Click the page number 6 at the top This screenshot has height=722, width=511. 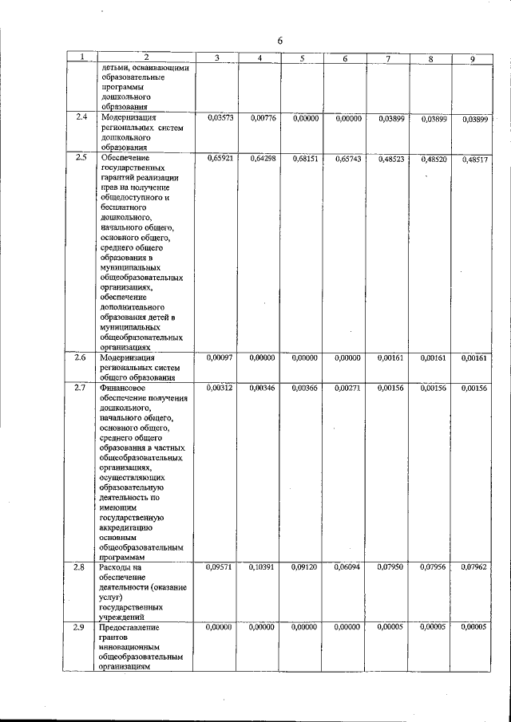tap(281, 41)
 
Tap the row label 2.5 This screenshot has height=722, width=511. tap(80, 157)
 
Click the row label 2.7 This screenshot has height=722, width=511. tap(80, 387)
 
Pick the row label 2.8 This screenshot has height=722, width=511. tap(80, 566)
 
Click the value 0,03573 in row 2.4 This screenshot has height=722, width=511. tap(220, 118)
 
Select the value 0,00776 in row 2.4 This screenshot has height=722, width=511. tap(262, 118)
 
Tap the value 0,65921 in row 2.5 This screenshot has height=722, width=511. tap(220, 159)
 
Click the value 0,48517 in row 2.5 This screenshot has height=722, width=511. tap(474, 159)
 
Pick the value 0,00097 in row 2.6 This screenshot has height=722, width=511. tap(220, 357)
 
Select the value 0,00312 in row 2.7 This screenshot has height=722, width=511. tap(220, 388)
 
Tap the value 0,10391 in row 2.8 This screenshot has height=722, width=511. tap(262, 567)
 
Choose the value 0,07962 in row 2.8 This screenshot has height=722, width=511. tap(474, 567)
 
